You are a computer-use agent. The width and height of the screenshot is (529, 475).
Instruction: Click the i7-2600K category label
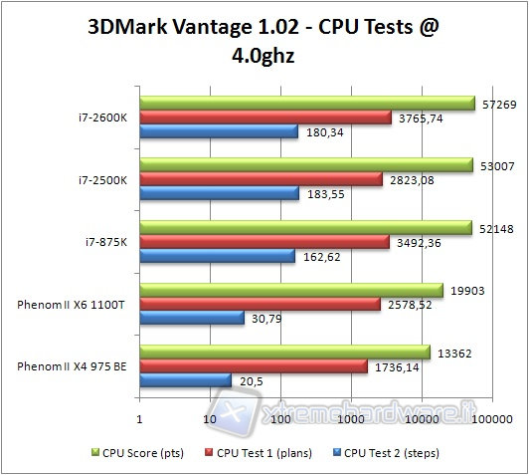[102, 118]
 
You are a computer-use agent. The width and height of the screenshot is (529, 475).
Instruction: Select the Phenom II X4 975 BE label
[72, 366]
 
